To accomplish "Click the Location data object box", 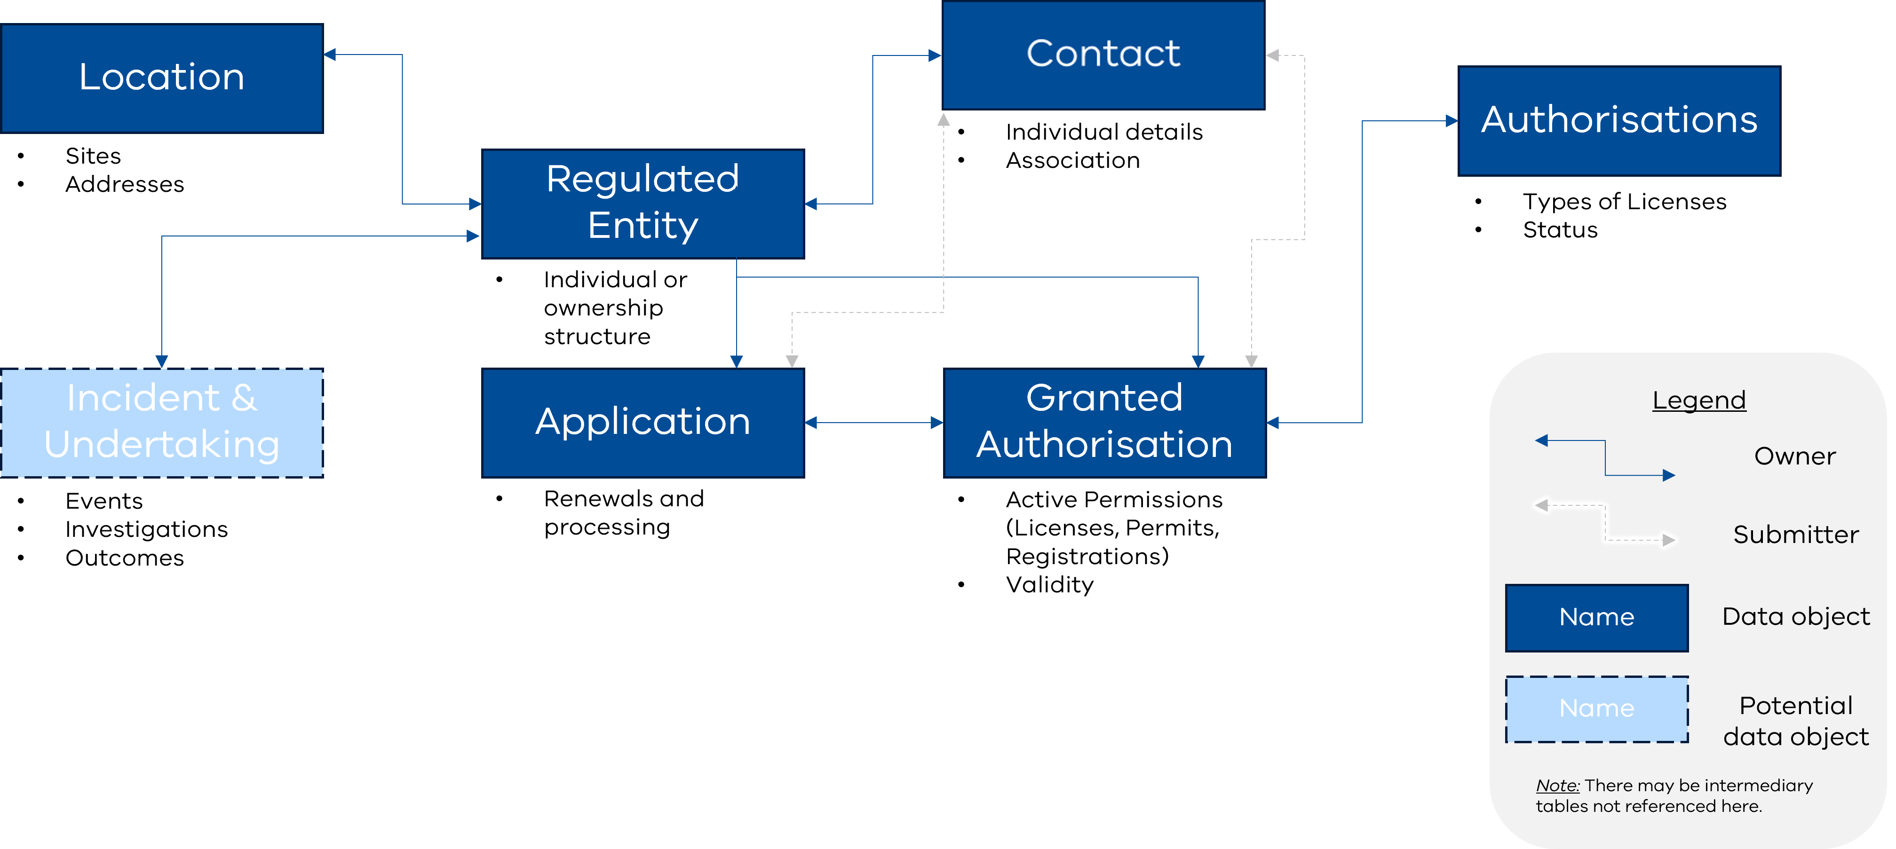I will (x=162, y=78).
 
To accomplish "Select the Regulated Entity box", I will (x=643, y=203).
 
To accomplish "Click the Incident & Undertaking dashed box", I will (x=162, y=422).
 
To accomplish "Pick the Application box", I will (x=643, y=422).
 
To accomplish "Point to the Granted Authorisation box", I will (x=1104, y=422).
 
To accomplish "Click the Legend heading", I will (x=1699, y=400).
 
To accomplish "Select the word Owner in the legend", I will (x=1794, y=456).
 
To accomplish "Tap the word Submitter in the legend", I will (x=1795, y=535).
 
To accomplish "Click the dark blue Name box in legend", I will (x=1596, y=617).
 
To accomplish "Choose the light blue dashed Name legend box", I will (x=1596, y=708).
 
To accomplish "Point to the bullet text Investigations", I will (x=146, y=529).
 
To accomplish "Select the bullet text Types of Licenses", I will (x=1624, y=202).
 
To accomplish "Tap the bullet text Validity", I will (x=1049, y=585).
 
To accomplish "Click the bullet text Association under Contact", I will (x=1072, y=160).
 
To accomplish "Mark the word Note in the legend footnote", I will (x=1557, y=786).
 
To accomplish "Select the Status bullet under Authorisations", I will (x=1560, y=230).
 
